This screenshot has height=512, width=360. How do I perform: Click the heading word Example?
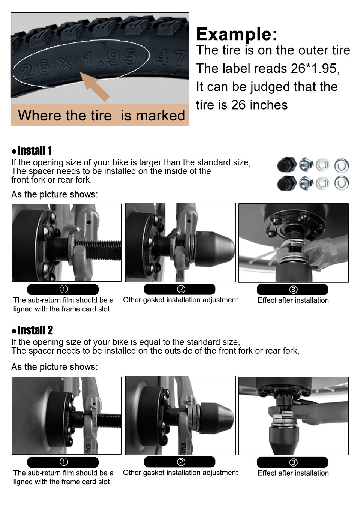click(x=237, y=34)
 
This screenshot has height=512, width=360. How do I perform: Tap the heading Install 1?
click(x=32, y=151)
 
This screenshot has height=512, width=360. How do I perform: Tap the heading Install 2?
click(x=32, y=330)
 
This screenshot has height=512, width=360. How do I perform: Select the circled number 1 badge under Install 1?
click(x=63, y=289)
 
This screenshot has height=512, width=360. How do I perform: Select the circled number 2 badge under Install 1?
click(x=180, y=289)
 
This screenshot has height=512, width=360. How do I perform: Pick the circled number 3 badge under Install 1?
click(x=292, y=290)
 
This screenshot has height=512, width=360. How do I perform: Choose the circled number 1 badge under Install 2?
click(x=63, y=462)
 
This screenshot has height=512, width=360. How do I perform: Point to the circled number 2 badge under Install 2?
click(x=180, y=462)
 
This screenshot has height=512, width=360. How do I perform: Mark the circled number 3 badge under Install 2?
click(x=292, y=462)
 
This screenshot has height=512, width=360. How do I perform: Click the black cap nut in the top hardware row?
click(x=287, y=165)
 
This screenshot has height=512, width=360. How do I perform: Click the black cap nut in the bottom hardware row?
click(x=287, y=183)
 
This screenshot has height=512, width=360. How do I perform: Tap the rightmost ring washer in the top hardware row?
click(x=342, y=165)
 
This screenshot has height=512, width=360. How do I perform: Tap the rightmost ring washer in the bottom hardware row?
click(x=342, y=183)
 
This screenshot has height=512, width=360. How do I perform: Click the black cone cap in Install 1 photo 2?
click(x=215, y=249)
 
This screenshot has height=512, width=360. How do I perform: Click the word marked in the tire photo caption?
click(x=160, y=115)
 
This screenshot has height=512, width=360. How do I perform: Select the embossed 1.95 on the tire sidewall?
click(x=109, y=59)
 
